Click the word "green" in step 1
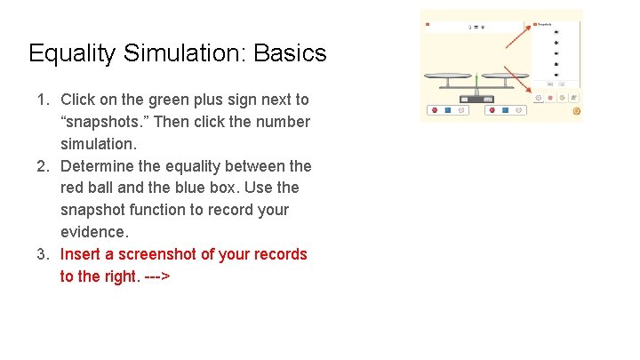pos(184,100)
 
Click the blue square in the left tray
pos(448,110)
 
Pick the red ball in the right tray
pos(492,110)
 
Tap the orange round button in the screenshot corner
pos(577,111)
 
